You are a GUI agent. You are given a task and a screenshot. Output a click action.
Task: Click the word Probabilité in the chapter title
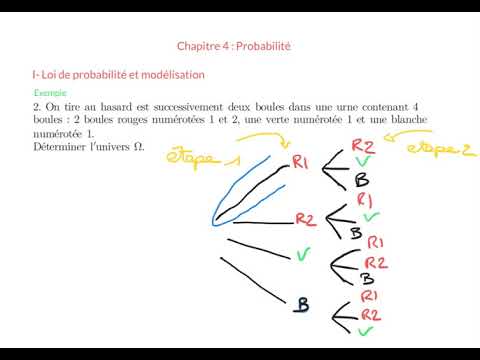pos(270,46)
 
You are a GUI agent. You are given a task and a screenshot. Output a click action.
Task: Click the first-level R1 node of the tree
pos(303,162)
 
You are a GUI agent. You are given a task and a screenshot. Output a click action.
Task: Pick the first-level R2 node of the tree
pos(307,218)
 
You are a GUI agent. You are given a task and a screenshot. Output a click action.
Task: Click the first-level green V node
pos(303,254)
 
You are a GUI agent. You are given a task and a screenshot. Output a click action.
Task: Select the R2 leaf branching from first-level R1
pos(364,146)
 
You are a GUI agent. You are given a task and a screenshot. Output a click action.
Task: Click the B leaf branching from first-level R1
pos(363,181)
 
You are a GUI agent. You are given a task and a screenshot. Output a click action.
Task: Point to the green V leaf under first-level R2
pos(371,216)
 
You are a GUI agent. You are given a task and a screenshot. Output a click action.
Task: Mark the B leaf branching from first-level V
pos(368,279)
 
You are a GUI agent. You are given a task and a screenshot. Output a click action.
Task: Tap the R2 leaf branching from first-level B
pos(371,314)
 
